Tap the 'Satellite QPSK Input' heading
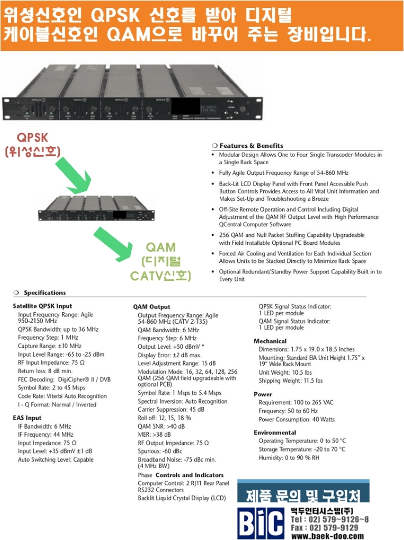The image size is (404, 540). pyautogui.click(x=42, y=306)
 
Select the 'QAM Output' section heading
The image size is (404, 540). pyautogui.click(x=151, y=307)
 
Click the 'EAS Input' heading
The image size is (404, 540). pyautogui.click(x=27, y=418)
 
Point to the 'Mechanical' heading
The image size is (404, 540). pyautogui.click(x=270, y=341)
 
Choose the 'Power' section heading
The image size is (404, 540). pyautogui.click(x=263, y=394)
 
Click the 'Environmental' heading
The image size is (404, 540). pyautogui.click(x=275, y=432)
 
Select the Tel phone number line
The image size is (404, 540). pyautogui.click(x=329, y=519)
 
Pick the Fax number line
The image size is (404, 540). pyautogui.click(x=324, y=528)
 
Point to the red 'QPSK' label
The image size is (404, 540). pyautogui.click(x=33, y=138)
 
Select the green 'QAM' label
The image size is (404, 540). pyautogui.click(x=161, y=248)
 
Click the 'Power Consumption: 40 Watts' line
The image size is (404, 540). pyautogui.click(x=297, y=420)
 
